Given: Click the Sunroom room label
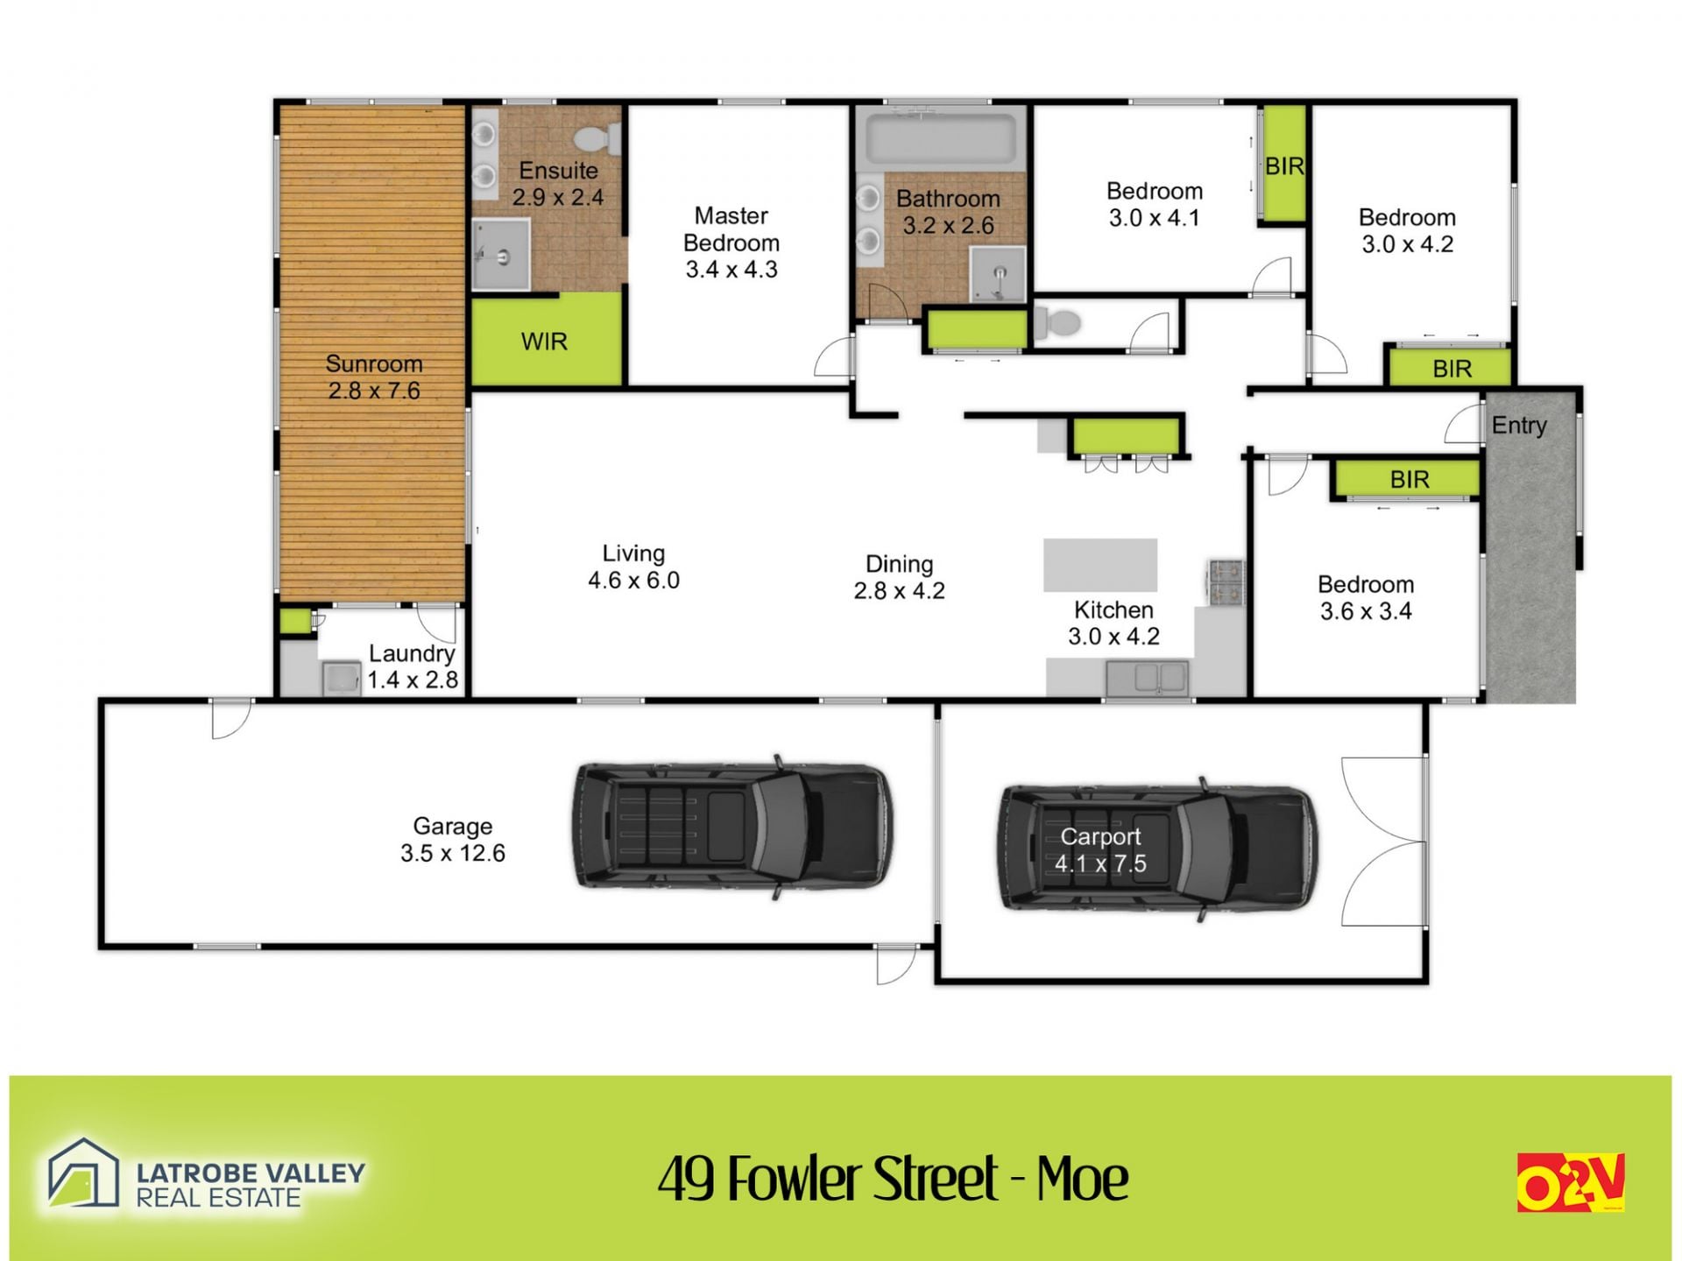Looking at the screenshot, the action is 374,377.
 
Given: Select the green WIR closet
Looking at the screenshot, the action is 547,339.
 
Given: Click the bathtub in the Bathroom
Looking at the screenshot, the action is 941,138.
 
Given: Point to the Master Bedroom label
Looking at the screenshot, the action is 731,242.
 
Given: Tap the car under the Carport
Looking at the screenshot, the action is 1158,849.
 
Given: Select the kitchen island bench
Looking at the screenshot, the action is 1100,565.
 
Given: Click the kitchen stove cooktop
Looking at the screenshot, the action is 1226,582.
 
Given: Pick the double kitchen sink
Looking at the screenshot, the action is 1147,679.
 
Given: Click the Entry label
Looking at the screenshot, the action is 1519,426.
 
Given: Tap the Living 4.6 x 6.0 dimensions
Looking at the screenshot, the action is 633,580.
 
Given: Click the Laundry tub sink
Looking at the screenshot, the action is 341,679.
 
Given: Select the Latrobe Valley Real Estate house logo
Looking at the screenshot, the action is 83,1173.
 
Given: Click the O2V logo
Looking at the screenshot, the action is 1571,1182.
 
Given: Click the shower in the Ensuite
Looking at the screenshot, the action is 501,254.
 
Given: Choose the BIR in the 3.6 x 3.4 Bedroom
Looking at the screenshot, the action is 1409,479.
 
